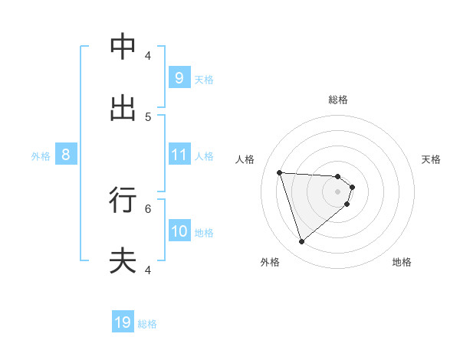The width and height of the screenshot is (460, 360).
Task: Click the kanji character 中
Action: (x=123, y=47)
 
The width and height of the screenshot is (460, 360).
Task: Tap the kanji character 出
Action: (x=123, y=108)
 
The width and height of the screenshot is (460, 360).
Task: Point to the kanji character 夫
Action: (x=123, y=261)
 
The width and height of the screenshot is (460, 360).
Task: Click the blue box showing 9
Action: (x=179, y=77)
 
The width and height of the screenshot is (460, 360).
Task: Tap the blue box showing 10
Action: (x=179, y=231)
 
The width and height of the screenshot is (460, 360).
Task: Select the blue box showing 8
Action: (x=66, y=154)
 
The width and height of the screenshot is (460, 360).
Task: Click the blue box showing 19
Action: (x=123, y=322)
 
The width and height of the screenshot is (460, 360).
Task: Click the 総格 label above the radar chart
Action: (x=338, y=100)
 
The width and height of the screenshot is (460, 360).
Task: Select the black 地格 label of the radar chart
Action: (x=402, y=262)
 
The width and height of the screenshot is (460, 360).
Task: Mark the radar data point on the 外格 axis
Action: (x=301, y=242)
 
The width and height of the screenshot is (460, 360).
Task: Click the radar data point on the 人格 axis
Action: (x=279, y=172)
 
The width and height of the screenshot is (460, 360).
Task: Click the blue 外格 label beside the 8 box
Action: (x=41, y=155)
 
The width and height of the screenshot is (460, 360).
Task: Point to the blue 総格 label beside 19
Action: (x=147, y=324)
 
